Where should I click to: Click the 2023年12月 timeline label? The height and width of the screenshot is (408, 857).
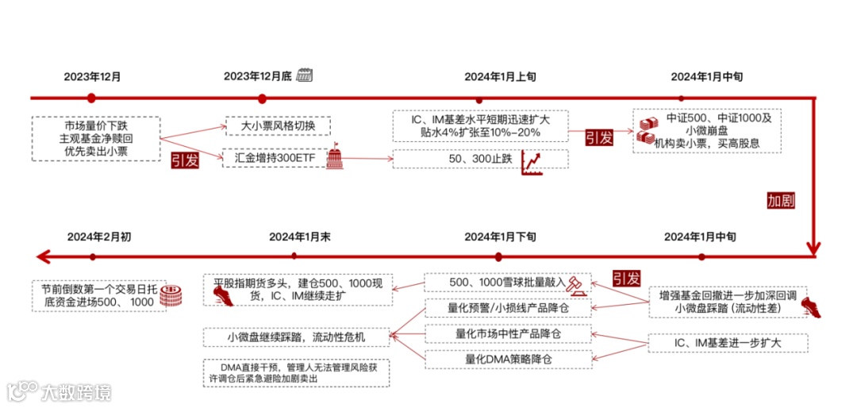pyautogui.click(x=92, y=77)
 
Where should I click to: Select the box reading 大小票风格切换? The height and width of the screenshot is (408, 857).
pyautogui.click(x=278, y=126)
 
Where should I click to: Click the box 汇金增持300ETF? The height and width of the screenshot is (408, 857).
pyautogui.click(x=272, y=158)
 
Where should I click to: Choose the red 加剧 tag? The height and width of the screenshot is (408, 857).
pyautogui.click(x=781, y=201)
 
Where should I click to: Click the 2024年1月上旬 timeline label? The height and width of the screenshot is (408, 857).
pyautogui.click(x=500, y=77)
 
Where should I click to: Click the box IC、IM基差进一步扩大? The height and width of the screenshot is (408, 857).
pyautogui.click(x=727, y=344)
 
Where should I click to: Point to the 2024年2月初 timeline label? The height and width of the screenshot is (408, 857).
pyautogui.click(x=93, y=237)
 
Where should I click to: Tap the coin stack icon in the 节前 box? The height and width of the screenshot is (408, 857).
pyautogui.click(x=168, y=296)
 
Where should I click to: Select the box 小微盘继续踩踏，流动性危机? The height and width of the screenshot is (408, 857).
pyautogui.click(x=296, y=337)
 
